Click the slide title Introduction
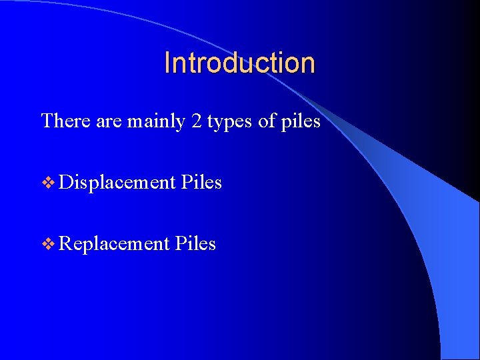[x=239, y=63]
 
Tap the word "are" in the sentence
[x=109, y=122]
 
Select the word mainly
[x=154, y=122]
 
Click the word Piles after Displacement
[x=201, y=182]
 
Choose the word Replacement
[x=114, y=244]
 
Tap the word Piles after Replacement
[x=195, y=243]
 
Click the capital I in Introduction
[x=167, y=63]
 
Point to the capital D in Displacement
[x=65, y=182]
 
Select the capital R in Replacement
[x=65, y=243]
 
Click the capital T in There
[x=47, y=121]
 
